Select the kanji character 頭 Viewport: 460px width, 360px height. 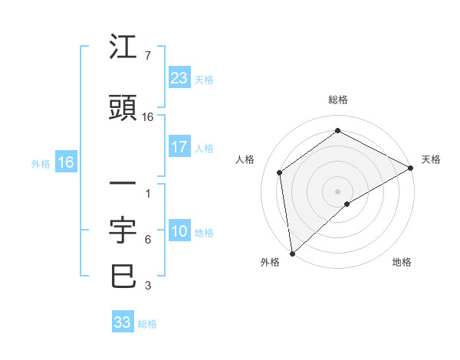(x=123, y=109)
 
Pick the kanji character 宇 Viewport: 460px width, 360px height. (x=123, y=230)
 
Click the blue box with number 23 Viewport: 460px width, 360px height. (x=179, y=78)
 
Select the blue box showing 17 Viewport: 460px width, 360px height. (x=179, y=147)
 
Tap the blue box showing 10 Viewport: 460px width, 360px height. (x=179, y=232)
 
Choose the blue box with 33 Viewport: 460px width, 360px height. (x=123, y=322)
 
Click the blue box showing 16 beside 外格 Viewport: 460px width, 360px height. (x=65, y=162)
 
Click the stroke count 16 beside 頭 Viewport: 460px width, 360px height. (x=148, y=117)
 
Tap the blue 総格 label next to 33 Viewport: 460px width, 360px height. (x=147, y=324)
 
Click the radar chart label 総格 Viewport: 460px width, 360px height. (x=338, y=100)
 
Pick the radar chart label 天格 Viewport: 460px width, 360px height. (x=431, y=159)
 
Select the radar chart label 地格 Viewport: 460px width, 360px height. (x=402, y=262)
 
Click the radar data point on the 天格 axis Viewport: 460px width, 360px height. (x=411, y=169)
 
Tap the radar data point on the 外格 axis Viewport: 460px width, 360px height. (x=292, y=253)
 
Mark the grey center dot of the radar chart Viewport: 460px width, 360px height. (x=338, y=191)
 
